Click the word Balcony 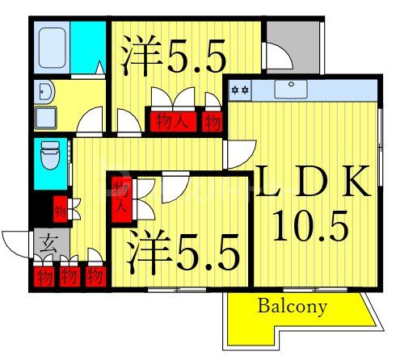pos(293,307)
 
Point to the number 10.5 pos(310,227)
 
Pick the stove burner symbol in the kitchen pos(240,88)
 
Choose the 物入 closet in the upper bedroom pos(172,122)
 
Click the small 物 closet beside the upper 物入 pos(213,122)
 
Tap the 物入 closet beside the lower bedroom pos(120,197)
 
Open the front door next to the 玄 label pos(18,242)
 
